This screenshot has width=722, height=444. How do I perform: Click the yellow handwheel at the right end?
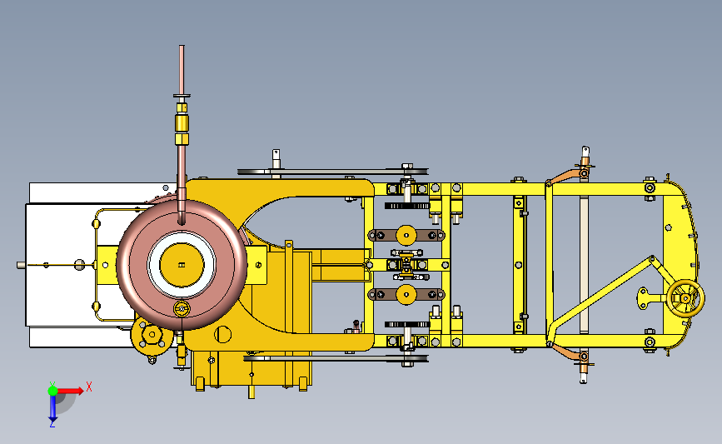coord(685,298)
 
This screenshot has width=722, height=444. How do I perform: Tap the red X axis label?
coord(89,387)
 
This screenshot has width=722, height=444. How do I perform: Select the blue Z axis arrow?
coord(52,408)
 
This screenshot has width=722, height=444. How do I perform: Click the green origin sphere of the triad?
coord(52,391)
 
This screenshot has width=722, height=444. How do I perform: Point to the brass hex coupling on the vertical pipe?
coord(182,123)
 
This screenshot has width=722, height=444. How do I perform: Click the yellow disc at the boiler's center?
coord(182,265)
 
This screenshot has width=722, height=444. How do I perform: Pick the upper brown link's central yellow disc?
coord(406,236)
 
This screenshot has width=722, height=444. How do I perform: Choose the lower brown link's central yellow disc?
coord(406,294)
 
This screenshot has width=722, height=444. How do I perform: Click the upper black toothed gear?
coord(407,206)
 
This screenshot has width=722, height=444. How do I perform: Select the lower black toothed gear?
coord(407,325)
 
